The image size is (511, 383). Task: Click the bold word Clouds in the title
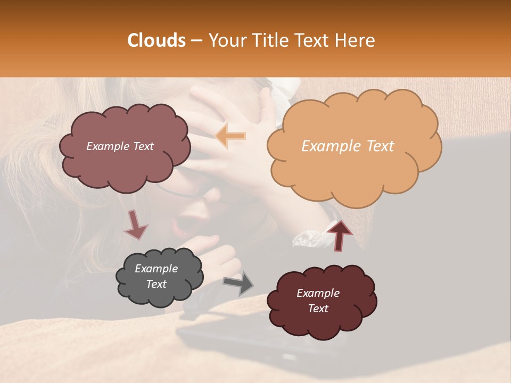click(156, 40)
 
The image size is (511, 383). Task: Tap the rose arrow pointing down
click(136, 224)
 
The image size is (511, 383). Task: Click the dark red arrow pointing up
click(340, 235)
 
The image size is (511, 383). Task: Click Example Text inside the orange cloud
click(348, 146)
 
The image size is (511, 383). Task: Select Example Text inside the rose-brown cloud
click(120, 146)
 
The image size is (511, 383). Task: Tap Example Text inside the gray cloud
click(156, 276)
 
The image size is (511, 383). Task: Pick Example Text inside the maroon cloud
click(318, 301)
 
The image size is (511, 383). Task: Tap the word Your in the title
click(225, 40)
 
